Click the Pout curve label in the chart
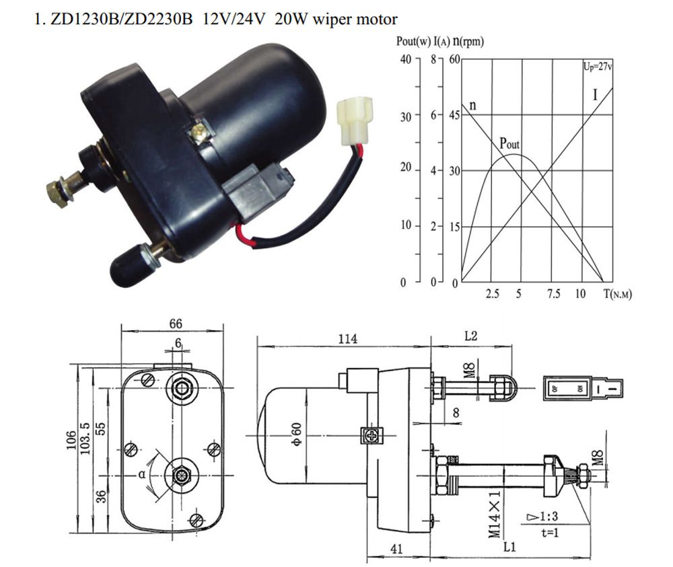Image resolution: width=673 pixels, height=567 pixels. (x=509, y=143)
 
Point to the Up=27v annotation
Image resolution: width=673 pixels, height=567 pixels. (x=597, y=66)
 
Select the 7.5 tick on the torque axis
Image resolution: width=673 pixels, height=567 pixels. (x=553, y=295)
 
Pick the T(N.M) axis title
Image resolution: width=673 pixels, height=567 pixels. (x=618, y=295)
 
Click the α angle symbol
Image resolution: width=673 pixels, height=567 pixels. (x=143, y=474)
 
